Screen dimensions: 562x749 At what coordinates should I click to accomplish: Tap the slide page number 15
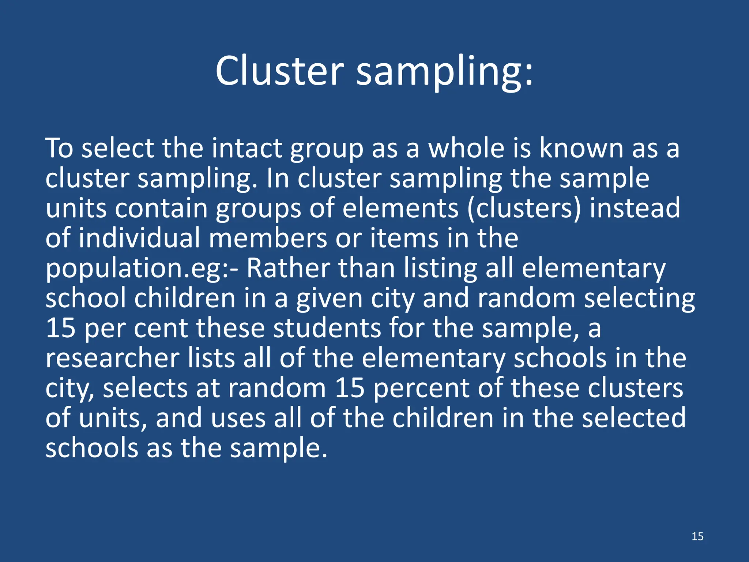[x=697, y=536]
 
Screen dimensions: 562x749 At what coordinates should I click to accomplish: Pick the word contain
[x=161, y=208]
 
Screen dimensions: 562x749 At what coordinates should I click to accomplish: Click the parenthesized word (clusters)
[x=524, y=208]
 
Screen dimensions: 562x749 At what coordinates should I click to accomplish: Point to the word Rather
[x=288, y=268]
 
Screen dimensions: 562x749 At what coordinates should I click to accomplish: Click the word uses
[x=238, y=418]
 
